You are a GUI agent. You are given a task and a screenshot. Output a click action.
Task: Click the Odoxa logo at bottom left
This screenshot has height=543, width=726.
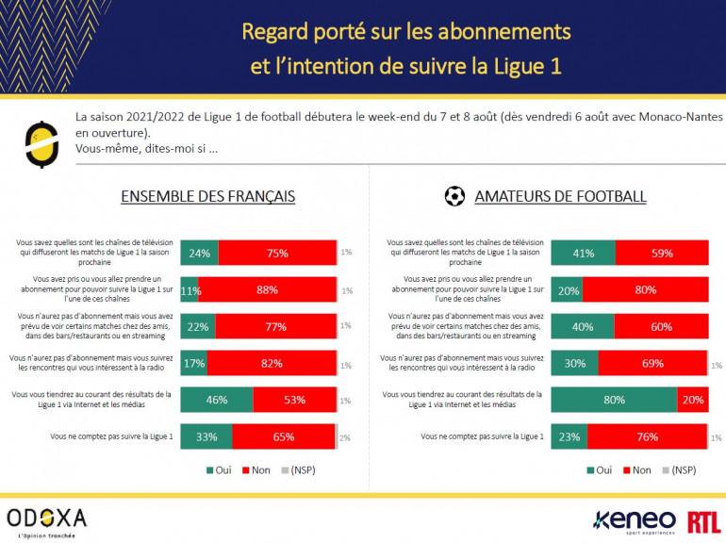[x=46, y=518]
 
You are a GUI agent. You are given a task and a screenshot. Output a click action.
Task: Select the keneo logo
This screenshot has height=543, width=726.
[x=634, y=519]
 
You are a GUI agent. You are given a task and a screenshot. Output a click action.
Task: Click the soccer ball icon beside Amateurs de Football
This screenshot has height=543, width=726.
[x=454, y=196]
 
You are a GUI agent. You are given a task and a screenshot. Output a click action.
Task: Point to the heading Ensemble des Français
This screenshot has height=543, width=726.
[x=207, y=197]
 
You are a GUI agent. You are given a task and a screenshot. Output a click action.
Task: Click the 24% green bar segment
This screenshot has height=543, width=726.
[x=199, y=253]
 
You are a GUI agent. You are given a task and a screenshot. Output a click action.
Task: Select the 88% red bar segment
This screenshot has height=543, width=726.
[x=267, y=289]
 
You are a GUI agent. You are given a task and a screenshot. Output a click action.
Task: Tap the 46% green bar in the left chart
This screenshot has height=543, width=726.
[x=216, y=400]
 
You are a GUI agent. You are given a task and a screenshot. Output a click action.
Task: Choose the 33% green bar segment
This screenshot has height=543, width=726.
[x=206, y=436]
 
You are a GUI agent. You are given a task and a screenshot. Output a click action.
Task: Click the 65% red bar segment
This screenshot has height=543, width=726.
[x=283, y=436]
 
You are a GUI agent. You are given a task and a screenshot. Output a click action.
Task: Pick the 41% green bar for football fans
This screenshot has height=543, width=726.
[x=583, y=253]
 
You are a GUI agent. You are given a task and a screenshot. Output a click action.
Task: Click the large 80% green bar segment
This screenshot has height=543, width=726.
[x=614, y=400]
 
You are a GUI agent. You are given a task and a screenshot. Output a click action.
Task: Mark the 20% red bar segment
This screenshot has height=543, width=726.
[x=692, y=400]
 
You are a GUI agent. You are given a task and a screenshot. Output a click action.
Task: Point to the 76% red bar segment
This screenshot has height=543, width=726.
[x=647, y=436]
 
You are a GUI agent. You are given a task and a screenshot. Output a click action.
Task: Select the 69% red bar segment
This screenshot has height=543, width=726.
[x=652, y=363]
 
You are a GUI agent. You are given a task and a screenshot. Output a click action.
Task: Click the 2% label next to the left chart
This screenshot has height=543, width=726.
[x=346, y=437]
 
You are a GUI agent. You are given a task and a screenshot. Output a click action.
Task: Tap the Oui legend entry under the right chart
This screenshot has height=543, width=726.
[x=597, y=469]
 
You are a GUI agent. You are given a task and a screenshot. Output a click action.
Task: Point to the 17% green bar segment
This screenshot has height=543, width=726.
[x=193, y=363]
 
